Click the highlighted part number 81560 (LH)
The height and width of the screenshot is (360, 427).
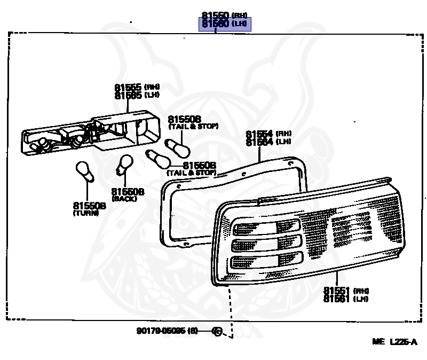[225, 24]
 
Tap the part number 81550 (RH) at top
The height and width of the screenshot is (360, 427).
[225, 15]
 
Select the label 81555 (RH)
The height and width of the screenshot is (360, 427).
[137, 87]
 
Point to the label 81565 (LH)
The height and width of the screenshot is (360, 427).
[137, 95]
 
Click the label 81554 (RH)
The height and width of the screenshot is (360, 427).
[268, 134]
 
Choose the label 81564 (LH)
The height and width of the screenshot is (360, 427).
[268, 142]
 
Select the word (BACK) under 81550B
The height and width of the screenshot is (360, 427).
[124, 199]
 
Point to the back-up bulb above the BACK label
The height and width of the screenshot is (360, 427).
[125, 165]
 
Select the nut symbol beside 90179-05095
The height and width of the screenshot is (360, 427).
[217, 331]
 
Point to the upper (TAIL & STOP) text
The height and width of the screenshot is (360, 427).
[194, 127]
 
